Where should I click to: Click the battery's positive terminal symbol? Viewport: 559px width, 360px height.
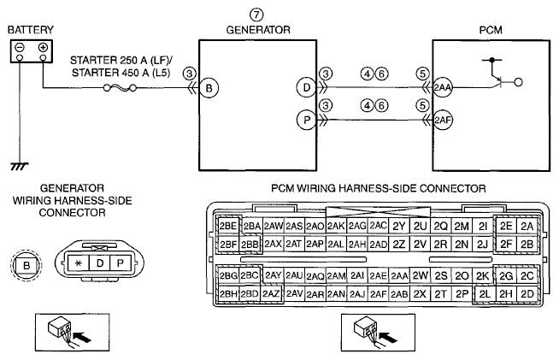43,47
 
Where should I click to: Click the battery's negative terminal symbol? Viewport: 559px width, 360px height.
20,47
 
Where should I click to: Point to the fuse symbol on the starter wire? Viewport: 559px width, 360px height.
120,87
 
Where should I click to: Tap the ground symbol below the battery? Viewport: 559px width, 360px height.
20,166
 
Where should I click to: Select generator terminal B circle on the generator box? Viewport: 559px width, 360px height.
209,88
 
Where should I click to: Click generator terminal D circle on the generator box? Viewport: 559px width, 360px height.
306,87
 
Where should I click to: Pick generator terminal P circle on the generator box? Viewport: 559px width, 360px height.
306,120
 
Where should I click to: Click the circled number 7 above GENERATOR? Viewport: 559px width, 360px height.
256,15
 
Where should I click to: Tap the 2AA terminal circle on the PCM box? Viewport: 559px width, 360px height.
443,87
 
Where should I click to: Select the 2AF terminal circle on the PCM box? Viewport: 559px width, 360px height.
443,120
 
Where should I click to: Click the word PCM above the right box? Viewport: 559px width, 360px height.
491,30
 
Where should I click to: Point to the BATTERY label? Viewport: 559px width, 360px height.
31,30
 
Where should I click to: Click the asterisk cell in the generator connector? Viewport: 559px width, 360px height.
79,263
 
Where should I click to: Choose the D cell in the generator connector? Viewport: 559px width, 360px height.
100,263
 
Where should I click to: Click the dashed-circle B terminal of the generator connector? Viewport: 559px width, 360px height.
26,265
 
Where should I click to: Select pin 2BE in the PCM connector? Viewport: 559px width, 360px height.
228,226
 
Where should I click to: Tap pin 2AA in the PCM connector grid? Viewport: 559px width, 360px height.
399,276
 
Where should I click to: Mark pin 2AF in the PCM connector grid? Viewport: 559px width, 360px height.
379,294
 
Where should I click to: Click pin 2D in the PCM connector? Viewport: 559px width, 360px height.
527,294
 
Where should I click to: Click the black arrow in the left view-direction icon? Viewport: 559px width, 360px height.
81,336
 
